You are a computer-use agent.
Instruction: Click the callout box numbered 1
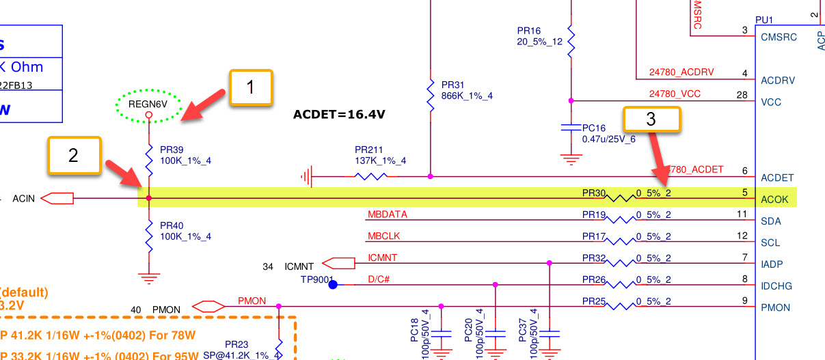[x=251, y=87]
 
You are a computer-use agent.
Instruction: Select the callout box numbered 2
[x=74, y=154]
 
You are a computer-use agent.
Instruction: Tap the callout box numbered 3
[x=651, y=119]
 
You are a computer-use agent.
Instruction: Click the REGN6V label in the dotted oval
[x=148, y=105]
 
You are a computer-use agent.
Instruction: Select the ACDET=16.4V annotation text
[x=339, y=114]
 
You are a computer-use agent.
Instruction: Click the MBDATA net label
[x=387, y=214]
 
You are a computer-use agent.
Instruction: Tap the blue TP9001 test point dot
[x=333, y=284]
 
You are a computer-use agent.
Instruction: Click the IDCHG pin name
[x=776, y=286]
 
